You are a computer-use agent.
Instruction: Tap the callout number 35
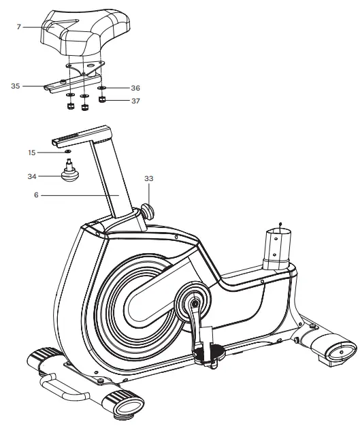pos(16,86)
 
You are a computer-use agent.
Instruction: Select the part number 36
pos(135,88)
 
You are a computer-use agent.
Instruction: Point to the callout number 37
pos(135,101)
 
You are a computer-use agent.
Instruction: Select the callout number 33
pos(149,178)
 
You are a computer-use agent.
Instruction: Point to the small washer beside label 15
pos(69,152)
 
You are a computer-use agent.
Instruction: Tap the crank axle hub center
pos(193,303)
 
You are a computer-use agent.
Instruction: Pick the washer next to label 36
pos(102,88)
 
